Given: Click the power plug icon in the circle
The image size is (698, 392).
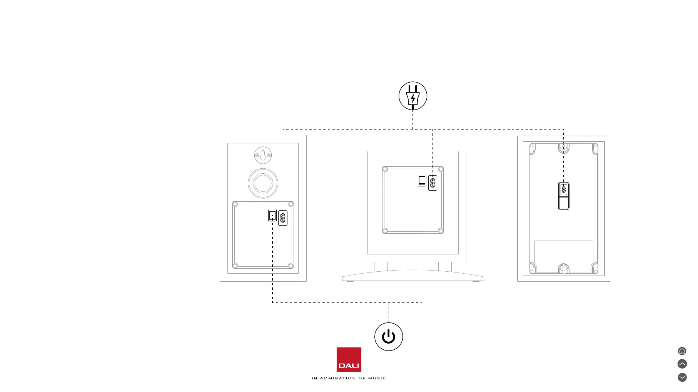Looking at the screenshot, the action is [413, 96].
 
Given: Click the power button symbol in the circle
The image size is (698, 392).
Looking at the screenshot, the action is [389, 337].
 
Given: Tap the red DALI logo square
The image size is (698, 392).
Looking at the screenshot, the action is [349, 359].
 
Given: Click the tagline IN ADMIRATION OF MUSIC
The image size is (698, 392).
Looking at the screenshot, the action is [349, 378].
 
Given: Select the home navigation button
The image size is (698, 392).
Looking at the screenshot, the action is [682, 351].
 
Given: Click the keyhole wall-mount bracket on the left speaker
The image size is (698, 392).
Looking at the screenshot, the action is [263, 155].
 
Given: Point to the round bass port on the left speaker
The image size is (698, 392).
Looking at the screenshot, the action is [263, 183].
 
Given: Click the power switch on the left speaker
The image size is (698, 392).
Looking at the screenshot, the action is [272, 215].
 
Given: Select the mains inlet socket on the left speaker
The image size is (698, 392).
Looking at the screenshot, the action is [283, 218].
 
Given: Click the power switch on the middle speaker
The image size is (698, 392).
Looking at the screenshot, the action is [422, 181].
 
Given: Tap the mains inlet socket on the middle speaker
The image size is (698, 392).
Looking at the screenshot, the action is [432, 183].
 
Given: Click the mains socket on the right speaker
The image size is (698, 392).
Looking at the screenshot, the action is [564, 189].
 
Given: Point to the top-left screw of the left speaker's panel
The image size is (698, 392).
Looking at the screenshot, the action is [235, 204].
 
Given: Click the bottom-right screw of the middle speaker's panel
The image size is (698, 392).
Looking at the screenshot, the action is [441, 231].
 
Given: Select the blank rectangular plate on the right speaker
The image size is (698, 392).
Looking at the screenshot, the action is [564, 256].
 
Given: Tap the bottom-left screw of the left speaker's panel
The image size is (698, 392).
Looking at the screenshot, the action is [235, 266].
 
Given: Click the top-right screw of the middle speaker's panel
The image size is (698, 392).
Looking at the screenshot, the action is [441, 169].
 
